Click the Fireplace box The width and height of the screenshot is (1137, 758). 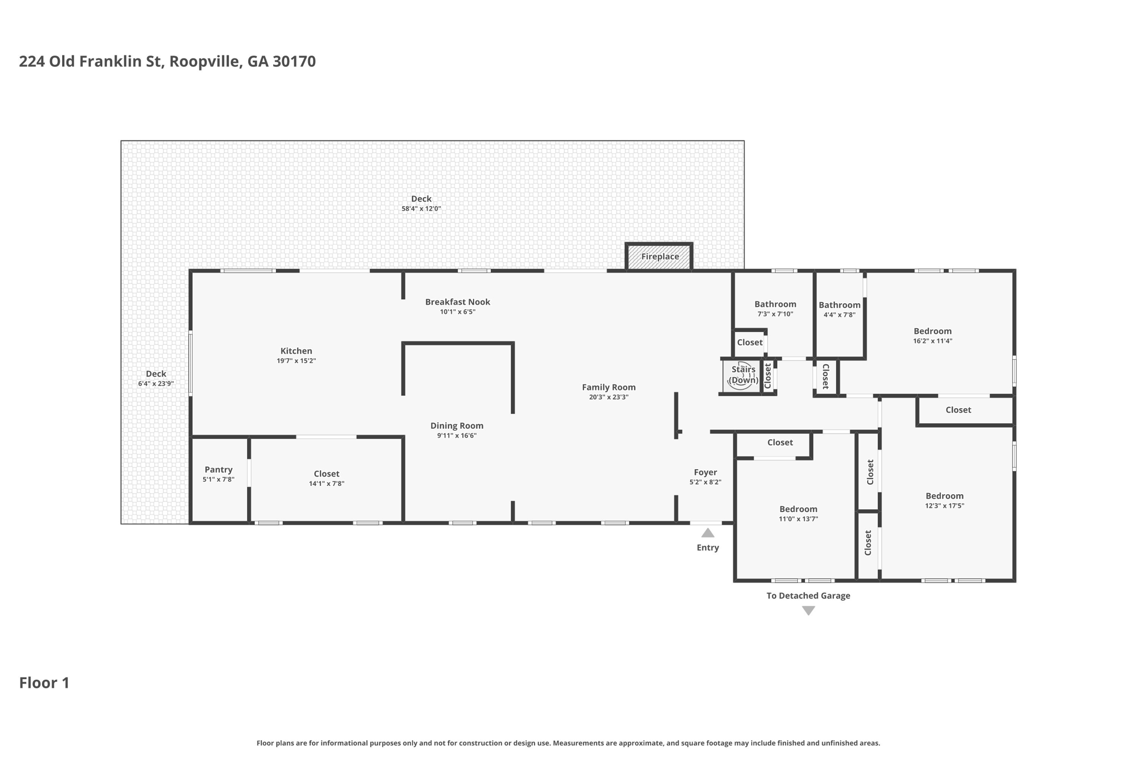coord(659,257)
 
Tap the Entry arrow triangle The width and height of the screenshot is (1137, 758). coord(707,533)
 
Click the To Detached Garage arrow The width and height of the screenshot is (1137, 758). coord(808,611)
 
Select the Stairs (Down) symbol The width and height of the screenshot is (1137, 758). coord(741,377)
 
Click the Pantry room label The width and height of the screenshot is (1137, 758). coord(219,470)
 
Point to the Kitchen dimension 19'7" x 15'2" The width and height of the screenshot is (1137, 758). coord(296,361)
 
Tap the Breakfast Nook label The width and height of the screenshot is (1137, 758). coord(457,302)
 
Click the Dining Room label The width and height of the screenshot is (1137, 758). coord(457,426)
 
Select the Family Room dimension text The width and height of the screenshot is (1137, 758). coord(608,397)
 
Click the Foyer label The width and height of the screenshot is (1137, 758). coord(705,473)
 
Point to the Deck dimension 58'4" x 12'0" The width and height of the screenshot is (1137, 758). coord(421,209)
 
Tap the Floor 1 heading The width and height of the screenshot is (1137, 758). coord(44,683)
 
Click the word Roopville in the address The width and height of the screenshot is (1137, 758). coord(206,62)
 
